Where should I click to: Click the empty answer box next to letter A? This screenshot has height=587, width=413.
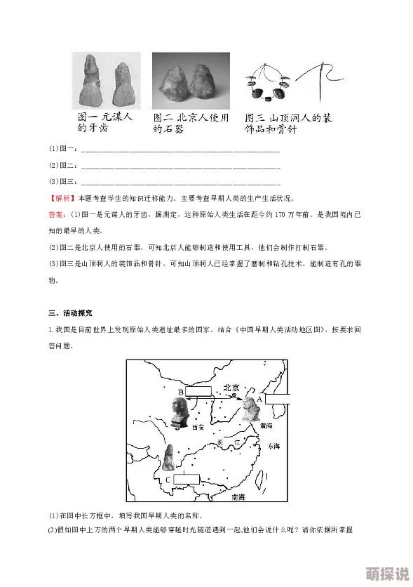(x=278, y=399)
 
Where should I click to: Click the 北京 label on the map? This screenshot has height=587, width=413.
(x=232, y=388)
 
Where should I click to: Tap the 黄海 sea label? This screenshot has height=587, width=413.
(x=265, y=426)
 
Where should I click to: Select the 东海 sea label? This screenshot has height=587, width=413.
(x=273, y=446)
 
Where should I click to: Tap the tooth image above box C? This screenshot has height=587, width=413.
(x=169, y=457)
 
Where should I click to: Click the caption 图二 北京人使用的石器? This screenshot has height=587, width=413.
(x=191, y=124)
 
